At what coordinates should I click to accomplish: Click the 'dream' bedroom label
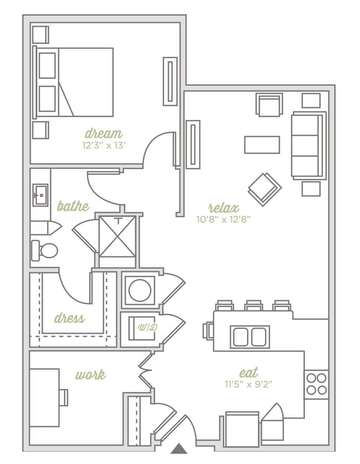103,133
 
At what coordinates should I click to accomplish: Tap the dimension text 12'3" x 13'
103,146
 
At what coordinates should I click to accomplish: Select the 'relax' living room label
224,208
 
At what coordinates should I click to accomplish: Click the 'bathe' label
73,207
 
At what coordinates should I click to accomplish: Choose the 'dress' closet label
69,318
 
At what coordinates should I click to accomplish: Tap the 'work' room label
91,375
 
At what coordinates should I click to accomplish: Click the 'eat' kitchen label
248,372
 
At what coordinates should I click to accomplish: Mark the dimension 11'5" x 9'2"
248,384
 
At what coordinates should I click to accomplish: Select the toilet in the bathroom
44,251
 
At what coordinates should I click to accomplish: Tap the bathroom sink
40,195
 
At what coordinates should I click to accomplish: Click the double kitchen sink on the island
250,336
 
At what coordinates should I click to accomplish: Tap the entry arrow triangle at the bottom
179,449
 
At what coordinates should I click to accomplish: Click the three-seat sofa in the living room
308,145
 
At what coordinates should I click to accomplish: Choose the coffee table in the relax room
262,145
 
